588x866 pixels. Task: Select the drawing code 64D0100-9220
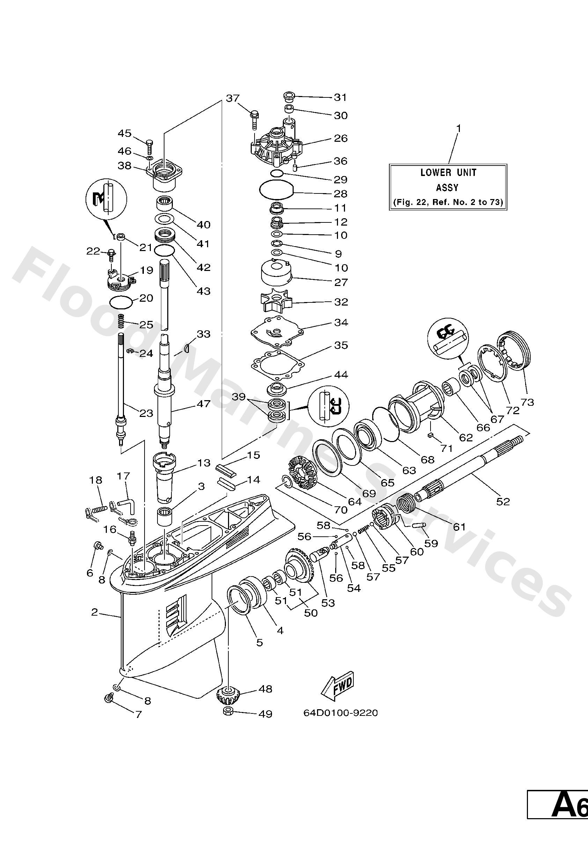click(x=340, y=713)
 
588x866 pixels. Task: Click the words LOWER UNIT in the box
click(x=448, y=173)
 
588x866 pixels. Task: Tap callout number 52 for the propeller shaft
click(x=503, y=501)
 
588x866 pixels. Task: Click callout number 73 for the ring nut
click(x=528, y=402)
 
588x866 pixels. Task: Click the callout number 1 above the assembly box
click(x=459, y=129)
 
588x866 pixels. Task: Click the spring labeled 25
click(x=121, y=321)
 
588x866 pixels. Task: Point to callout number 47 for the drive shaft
click(x=204, y=404)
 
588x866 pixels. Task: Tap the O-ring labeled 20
click(x=121, y=302)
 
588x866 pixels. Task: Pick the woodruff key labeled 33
click(x=188, y=348)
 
